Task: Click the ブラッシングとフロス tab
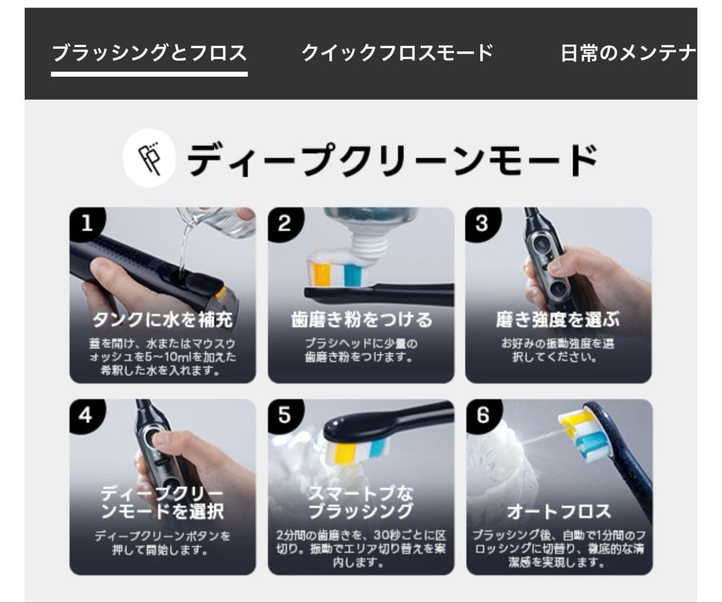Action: pyautogui.click(x=149, y=53)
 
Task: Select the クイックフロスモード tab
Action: pyautogui.click(x=397, y=53)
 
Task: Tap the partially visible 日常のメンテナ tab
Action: pyautogui.click(x=628, y=53)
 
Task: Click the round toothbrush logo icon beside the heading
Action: pyautogui.click(x=149, y=157)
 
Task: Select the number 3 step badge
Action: pyautogui.click(x=482, y=223)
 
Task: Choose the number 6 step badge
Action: pyautogui.click(x=482, y=415)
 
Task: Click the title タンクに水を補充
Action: pyautogui.click(x=162, y=320)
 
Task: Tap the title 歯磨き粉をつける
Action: pyautogui.click(x=361, y=320)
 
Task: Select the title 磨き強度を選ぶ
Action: pyautogui.click(x=558, y=320)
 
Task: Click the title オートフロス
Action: pyautogui.click(x=558, y=512)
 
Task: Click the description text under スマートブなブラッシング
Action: pyautogui.click(x=361, y=549)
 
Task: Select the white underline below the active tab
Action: pyautogui.click(x=149, y=73)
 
